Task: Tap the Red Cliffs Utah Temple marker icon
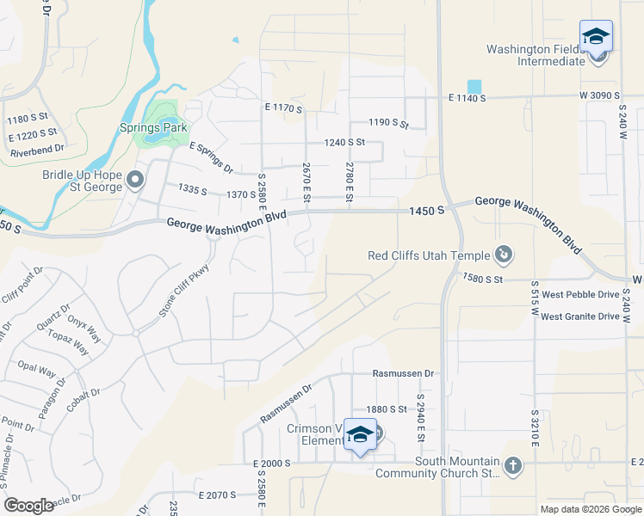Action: [x=504, y=255]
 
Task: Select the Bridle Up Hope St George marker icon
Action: [x=135, y=181]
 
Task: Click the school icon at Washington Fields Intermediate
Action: [x=596, y=38]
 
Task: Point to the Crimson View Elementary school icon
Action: [x=361, y=434]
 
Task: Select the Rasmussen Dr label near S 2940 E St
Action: [x=404, y=374]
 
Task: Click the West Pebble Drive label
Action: [x=580, y=294]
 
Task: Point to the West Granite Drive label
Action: [x=580, y=316]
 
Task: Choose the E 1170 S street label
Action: [x=283, y=108]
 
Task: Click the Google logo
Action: [x=28, y=506]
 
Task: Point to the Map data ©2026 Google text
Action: [x=590, y=509]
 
